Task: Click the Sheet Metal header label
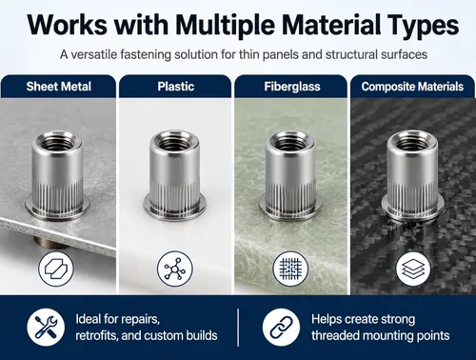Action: coord(59,87)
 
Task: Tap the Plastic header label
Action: coord(176,87)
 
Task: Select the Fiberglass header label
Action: coord(292,87)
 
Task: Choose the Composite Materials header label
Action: coord(412,87)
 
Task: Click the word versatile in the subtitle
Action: coord(94,54)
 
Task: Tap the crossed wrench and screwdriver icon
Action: coord(46,328)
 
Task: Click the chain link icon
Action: coord(281,328)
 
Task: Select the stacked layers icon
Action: coord(413,269)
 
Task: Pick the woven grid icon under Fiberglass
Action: coord(290,269)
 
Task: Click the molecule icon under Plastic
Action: coord(175,269)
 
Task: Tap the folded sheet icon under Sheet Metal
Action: coord(56,269)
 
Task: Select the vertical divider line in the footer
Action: coord(238,328)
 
